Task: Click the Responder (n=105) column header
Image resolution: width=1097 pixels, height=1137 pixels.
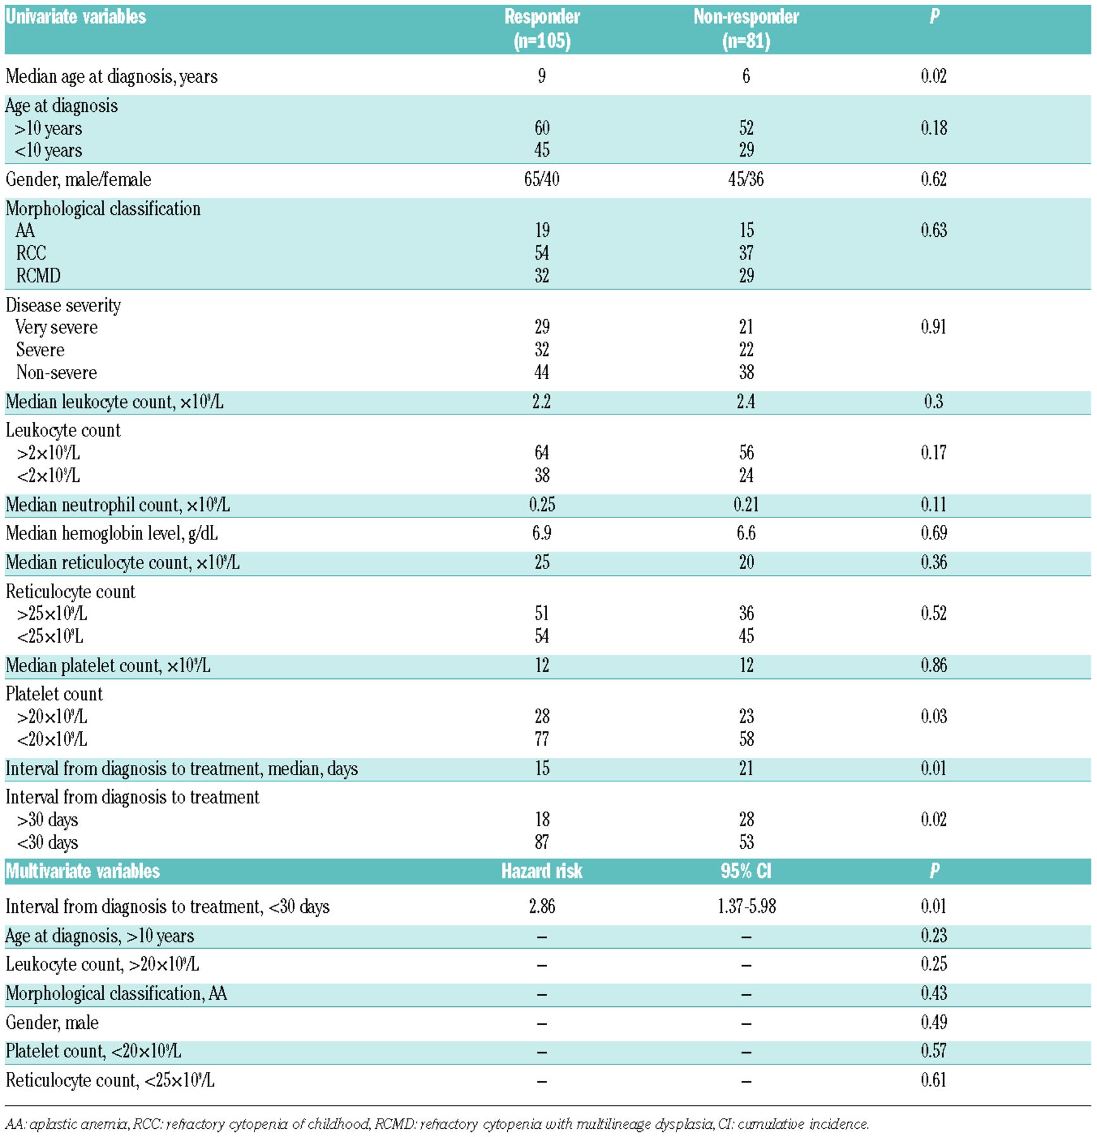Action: point(542,28)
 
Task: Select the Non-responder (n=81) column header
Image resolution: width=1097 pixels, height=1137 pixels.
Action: point(746,28)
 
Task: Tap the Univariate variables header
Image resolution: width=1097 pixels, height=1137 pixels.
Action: point(76,16)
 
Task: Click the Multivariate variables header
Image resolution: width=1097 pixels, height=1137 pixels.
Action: point(83,872)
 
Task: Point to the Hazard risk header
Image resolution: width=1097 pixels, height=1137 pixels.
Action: point(542,872)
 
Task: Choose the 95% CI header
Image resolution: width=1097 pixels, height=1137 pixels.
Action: point(746,872)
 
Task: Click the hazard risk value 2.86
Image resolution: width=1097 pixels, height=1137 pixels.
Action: point(542,906)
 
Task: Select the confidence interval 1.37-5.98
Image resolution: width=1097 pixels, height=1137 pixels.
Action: point(746,906)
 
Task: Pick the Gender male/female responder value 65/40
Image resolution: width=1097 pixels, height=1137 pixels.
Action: point(542,179)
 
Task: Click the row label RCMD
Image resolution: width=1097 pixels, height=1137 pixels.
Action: point(39,276)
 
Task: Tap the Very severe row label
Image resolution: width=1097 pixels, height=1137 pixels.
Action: point(57,327)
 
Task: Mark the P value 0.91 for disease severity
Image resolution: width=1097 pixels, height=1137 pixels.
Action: point(933,327)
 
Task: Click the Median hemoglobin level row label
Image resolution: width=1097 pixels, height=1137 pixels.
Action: point(112,534)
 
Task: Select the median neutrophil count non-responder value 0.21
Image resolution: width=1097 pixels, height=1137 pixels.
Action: point(746,505)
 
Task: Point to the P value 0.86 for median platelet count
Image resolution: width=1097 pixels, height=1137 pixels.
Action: point(933,665)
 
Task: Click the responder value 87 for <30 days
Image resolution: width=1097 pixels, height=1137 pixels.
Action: point(542,842)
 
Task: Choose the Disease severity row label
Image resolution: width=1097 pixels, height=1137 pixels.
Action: point(63,306)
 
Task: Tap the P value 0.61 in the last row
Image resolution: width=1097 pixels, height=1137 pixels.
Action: point(933,1080)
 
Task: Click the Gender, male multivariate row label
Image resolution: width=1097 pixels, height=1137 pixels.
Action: point(52,1023)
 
